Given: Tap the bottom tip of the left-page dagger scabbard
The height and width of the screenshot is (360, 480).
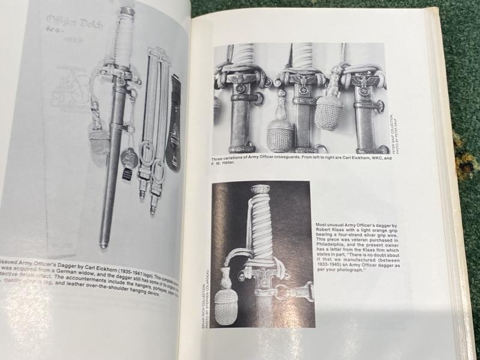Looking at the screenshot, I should tap(104, 244).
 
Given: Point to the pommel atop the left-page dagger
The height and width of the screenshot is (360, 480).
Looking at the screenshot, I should tap(127, 11).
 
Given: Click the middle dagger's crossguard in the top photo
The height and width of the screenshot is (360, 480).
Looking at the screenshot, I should tap(299, 79).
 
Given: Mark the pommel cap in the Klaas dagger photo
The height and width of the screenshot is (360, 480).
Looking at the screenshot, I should tap(260, 190).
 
